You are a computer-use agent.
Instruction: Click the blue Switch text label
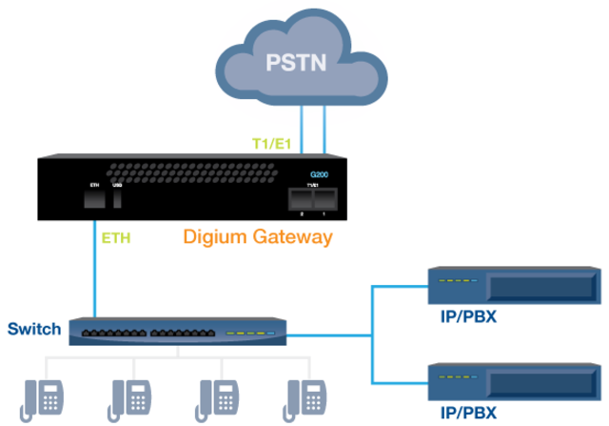pyautogui.click(x=34, y=330)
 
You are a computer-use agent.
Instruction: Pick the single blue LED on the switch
pyautogui.click(x=270, y=335)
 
